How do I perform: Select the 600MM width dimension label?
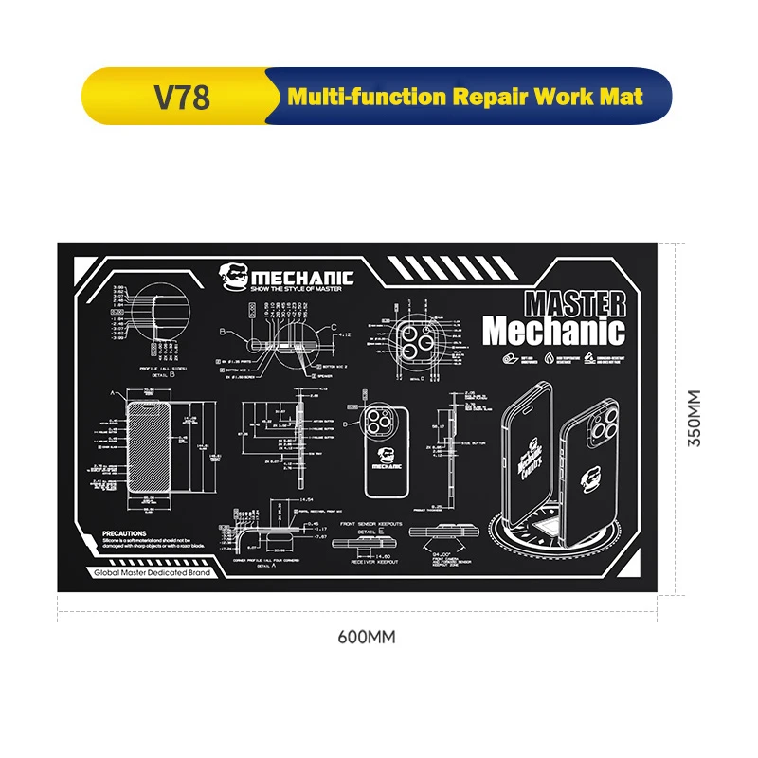click(x=366, y=637)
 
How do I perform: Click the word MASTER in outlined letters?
click(x=575, y=304)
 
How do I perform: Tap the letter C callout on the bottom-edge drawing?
click(x=334, y=328)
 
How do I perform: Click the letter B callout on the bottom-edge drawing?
click(x=223, y=333)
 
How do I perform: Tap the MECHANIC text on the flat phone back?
click(x=387, y=466)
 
